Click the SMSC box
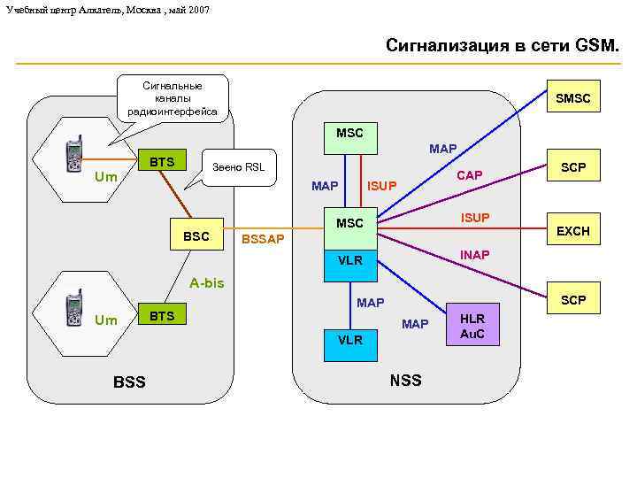[572, 101]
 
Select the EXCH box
[572, 231]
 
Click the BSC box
[196, 236]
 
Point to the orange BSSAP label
[263, 240]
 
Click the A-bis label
[207, 283]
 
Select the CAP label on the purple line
[469, 175]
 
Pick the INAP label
[474, 255]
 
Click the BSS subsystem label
[130, 382]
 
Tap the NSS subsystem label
[405, 381]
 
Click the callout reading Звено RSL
[238, 166]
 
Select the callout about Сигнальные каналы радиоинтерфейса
[173, 98]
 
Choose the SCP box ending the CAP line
[572, 167]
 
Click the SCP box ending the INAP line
[572, 300]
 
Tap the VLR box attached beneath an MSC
[349, 260]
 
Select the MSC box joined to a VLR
[349, 223]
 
